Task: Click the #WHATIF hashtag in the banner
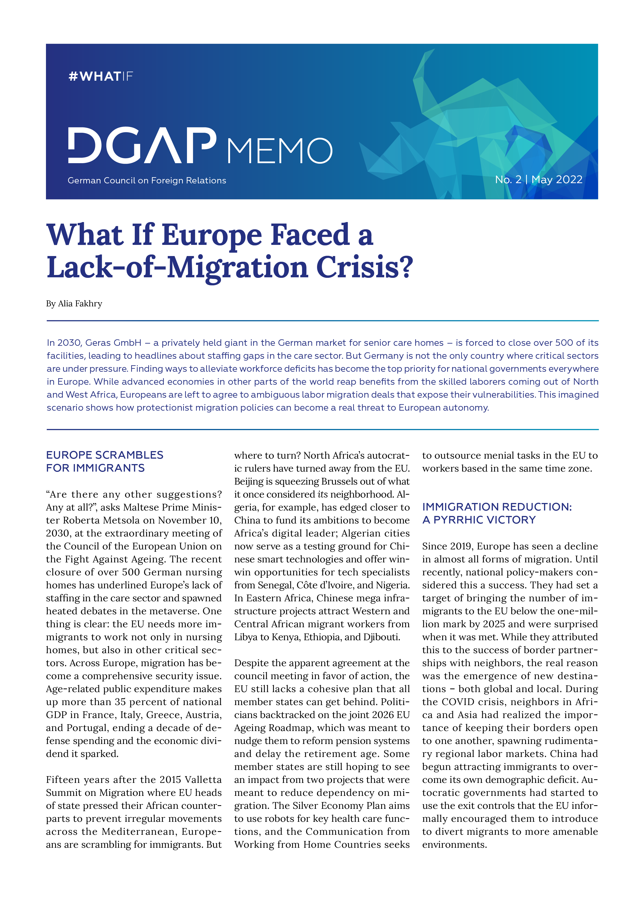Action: pos(100,76)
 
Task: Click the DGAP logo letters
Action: pos(142,146)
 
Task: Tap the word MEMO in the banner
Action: pos(280,151)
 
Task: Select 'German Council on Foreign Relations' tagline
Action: pos(146,181)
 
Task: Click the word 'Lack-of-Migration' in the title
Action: pos(177,267)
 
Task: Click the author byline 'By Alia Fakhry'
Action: pos(74,304)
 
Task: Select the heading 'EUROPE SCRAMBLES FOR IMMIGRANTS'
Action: pos(104,461)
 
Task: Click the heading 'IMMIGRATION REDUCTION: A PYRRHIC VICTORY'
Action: pos(497,513)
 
